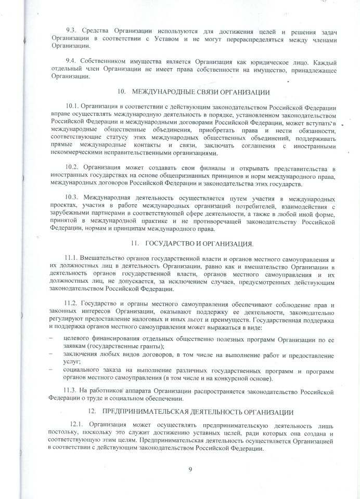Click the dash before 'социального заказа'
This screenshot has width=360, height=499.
click(x=50, y=370)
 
